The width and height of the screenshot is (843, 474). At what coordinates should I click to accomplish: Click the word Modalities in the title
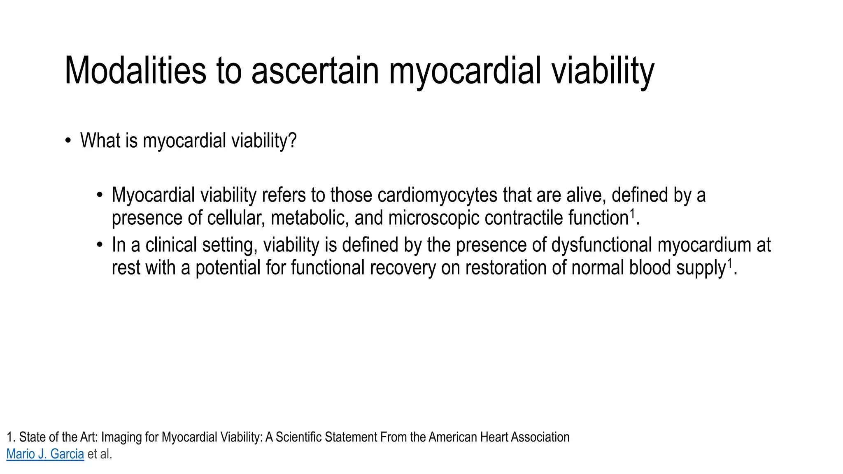pos(135,70)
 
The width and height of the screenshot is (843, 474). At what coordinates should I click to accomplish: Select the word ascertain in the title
pos(315,70)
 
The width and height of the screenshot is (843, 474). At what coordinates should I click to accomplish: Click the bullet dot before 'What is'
pos(68,141)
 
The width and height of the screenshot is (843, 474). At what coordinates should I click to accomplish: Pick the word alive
pos(586,195)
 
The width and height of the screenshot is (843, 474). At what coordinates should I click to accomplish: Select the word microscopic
pos(434,218)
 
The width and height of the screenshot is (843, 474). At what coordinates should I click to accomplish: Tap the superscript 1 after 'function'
pos(633,213)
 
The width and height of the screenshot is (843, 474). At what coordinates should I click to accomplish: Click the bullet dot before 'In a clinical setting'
pos(100,245)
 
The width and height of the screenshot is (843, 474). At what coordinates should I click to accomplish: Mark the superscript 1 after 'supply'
pos(730,263)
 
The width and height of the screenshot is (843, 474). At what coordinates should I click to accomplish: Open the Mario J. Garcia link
pos(45,454)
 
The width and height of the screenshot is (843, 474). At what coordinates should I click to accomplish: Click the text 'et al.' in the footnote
pos(100,454)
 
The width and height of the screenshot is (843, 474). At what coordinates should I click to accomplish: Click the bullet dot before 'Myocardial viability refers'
pos(100,195)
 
